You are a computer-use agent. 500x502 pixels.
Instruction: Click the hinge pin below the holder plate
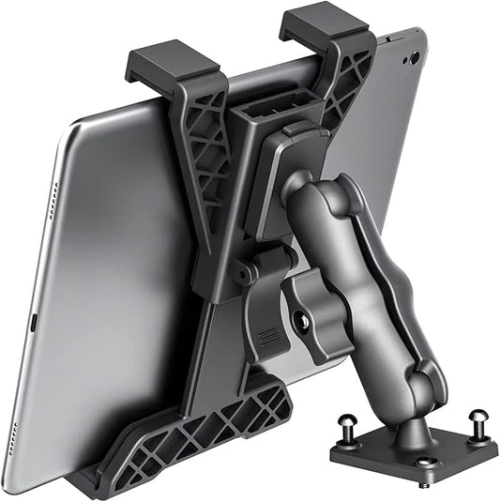pos(247,271)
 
